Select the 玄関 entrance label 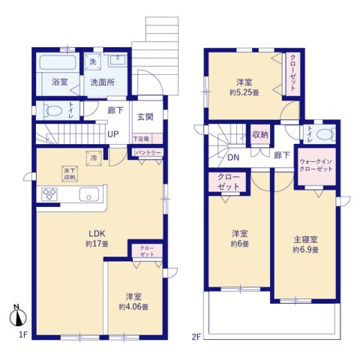tap(145, 117)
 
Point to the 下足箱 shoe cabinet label tap(141, 139)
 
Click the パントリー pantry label tap(147, 153)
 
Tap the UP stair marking tap(115, 135)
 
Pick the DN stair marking tap(233, 158)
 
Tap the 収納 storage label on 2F tap(260, 136)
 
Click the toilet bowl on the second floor tap(324, 136)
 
